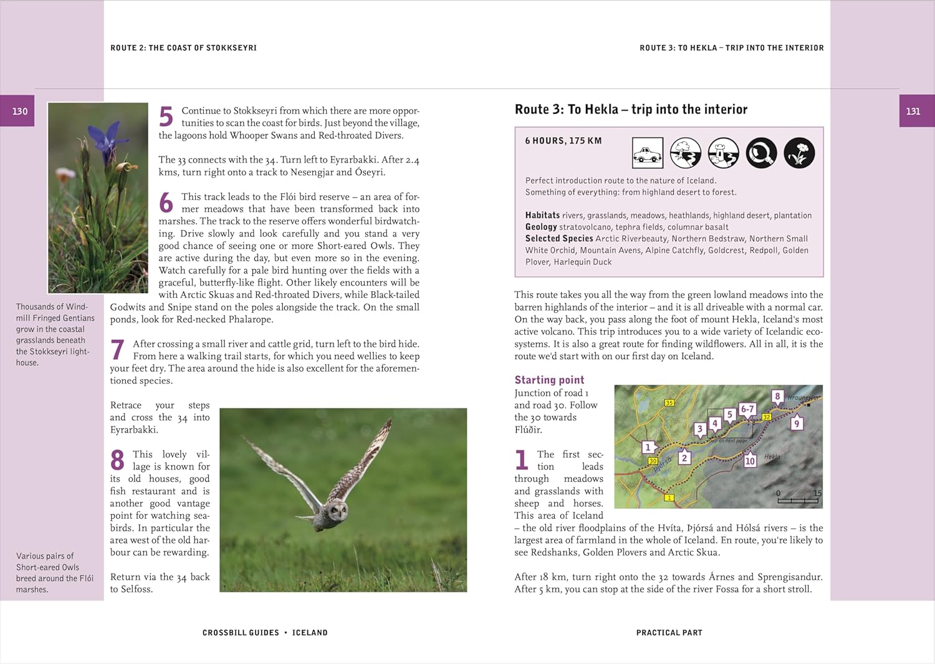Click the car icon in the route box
[648, 153]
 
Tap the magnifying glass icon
[761, 153]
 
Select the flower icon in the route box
[799, 153]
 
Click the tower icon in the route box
[723, 153]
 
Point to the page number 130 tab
[20, 111]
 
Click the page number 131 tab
[913, 111]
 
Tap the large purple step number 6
[166, 203]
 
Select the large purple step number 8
[117, 461]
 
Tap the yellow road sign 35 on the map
[669, 403]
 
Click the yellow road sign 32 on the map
[767, 416]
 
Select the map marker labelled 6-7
[747, 409]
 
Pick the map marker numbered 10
[750, 461]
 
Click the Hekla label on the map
[772, 457]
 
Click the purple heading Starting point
[549, 380]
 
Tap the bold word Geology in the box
[541, 227]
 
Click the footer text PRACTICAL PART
[669, 633]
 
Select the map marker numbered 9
[796, 423]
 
